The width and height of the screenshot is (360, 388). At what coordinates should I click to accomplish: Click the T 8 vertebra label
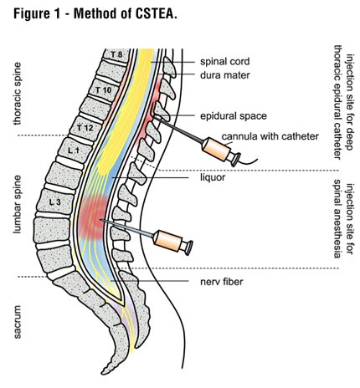point(116,54)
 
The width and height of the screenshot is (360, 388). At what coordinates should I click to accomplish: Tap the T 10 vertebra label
point(103,90)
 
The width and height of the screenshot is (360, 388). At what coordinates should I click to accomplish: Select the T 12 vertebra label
point(85,128)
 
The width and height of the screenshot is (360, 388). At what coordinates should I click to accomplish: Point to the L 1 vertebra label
point(74,151)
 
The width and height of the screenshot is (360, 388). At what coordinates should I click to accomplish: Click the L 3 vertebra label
point(55,202)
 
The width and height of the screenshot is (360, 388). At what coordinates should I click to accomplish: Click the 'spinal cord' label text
point(224,61)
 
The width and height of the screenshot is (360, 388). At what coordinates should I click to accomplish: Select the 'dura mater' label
point(224,75)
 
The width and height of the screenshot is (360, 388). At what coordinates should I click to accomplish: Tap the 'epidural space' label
point(234,116)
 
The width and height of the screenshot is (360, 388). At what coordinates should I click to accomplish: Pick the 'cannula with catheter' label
point(270,136)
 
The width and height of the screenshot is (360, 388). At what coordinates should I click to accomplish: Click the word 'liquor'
point(213,177)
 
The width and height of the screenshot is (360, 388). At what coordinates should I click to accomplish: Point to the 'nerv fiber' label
point(222,282)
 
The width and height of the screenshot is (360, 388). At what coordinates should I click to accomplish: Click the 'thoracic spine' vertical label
point(18,94)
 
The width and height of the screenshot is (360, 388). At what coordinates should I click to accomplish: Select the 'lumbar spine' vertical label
point(18,204)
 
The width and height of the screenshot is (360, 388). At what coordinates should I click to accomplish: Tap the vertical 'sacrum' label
point(18,322)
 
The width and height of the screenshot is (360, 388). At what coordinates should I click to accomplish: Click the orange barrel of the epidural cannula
point(216,150)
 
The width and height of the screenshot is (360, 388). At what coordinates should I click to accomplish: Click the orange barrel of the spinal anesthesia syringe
point(167,241)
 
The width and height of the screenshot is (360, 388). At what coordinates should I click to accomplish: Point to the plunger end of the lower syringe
point(189,248)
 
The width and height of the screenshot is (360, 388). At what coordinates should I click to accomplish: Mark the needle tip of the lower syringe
point(100,220)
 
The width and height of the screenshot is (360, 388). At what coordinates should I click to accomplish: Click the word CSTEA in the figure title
point(154,14)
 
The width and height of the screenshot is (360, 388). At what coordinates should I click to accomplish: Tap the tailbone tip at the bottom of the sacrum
point(104,373)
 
